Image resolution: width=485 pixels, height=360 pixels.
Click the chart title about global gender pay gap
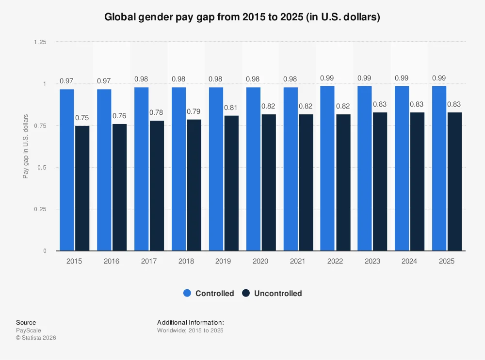(x=242, y=17)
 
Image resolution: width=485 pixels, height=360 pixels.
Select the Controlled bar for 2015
(x=67, y=170)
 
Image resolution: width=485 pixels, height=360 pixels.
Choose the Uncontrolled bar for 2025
(x=454, y=181)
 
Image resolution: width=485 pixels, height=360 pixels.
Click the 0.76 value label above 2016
(x=119, y=116)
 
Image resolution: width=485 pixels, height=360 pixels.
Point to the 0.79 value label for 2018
(x=194, y=111)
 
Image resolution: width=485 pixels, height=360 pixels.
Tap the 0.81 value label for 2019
(x=231, y=107)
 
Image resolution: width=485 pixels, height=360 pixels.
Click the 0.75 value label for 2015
(x=82, y=118)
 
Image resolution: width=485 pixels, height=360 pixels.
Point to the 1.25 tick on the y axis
(x=40, y=42)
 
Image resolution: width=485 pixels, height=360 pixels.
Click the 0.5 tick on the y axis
(x=42, y=167)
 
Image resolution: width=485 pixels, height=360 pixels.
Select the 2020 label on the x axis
(x=260, y=261)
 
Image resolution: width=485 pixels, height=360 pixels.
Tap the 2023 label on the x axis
(x=372, y=261)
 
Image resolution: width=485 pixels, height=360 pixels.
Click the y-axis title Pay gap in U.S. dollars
(x=26, y=146)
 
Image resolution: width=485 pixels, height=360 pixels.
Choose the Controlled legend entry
(x=209, y=293)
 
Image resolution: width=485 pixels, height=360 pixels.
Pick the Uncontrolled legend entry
(x=272, y=293)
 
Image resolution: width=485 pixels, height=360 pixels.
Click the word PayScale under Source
(x=28, y=330)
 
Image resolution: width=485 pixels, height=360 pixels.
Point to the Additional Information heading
(x=190, y=322)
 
